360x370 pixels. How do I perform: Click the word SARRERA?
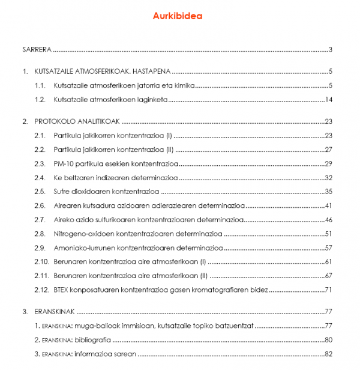[x=37, y=49]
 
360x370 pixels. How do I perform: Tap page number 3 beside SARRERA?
[x=331, y=49]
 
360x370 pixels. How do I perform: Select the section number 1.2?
[x=40, y=100]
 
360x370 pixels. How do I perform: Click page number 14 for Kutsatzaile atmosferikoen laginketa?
[x=328, y=100]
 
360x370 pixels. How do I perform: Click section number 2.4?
[x=40, y=178]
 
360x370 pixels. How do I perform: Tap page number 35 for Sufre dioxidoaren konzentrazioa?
[x=328, y=192]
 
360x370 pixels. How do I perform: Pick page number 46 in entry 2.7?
[x=328, y=220]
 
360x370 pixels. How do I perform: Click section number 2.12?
[x=42, y=290]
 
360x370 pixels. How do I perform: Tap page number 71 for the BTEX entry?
[x=328, y=290]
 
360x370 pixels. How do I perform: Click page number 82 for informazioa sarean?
[x=328, y=353]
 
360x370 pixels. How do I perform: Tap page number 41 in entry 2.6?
[x=328, y=205]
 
